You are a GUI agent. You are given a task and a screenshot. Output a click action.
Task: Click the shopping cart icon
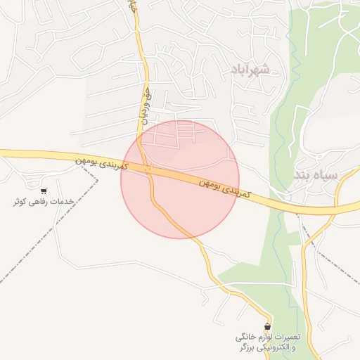pos(44,191)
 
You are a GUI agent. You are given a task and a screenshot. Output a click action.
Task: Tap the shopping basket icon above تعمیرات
pos(267,327)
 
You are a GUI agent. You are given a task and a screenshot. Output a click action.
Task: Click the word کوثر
pos(20,202)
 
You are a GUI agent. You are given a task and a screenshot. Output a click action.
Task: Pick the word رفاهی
pos(41,202)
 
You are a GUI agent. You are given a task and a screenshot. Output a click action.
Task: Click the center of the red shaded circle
pos(180,179)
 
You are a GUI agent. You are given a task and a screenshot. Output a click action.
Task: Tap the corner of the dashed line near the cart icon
pos(98,179)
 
